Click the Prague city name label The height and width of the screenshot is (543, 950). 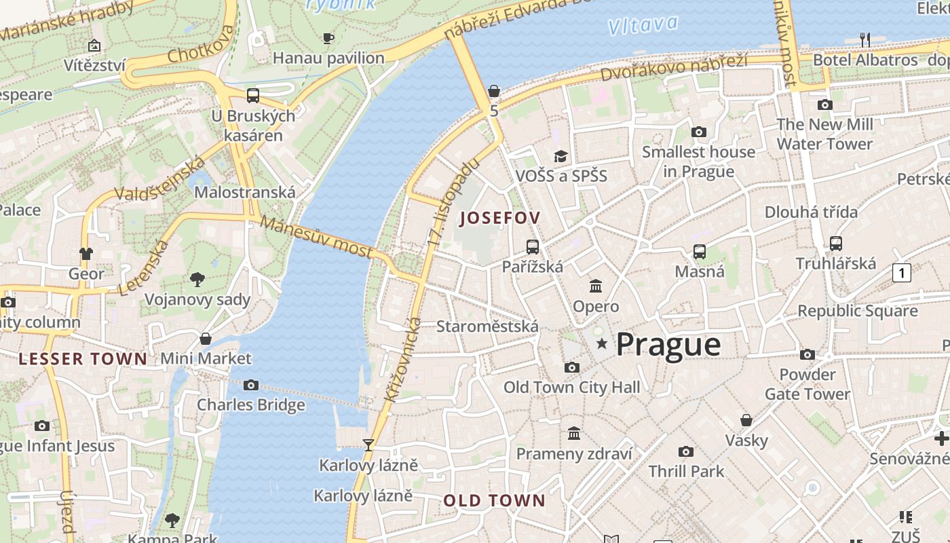tap(668, 345)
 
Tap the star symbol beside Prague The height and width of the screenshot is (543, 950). tap(601, 344)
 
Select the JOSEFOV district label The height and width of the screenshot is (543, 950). tap(500, 218)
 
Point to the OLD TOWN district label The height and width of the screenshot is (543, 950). tap(494, 501)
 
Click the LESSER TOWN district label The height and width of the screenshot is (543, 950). tap(83, 359)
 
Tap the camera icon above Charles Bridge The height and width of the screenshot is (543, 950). tap(251, 386)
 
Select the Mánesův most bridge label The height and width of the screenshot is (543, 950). tap(316, 237)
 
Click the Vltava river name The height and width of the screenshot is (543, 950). tap(642, 25)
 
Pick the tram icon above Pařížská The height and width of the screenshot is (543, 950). tap(533, 247)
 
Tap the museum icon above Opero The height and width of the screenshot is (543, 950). tap(596, 286)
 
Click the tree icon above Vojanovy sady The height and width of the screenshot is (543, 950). tap(197, 278)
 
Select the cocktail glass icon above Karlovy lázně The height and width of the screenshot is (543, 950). tap(368, 445)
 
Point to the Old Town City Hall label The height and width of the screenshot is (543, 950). tap(571, 388)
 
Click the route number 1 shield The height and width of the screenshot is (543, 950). tap(901, 273)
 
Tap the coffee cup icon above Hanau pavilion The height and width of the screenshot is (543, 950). tap(328, 39)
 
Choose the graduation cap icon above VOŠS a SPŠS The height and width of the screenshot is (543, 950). tap(560, 157)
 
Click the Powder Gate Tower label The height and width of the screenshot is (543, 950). tap(807, 384)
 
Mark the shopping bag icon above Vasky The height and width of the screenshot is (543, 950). tap(746, 420)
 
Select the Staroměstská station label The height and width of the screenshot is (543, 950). tap(487, 326)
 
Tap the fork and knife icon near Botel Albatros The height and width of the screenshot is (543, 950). tap(865, 40)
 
